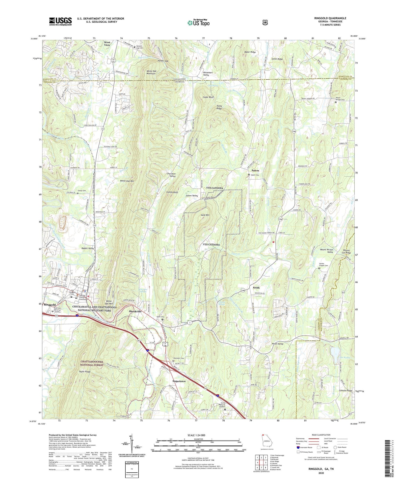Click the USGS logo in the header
(x=60, y=21)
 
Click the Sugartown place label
(x=179, y=381)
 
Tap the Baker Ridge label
(x=250, y=52)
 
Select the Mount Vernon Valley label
(x=327, y=251)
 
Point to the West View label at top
(x=107, y=43)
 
